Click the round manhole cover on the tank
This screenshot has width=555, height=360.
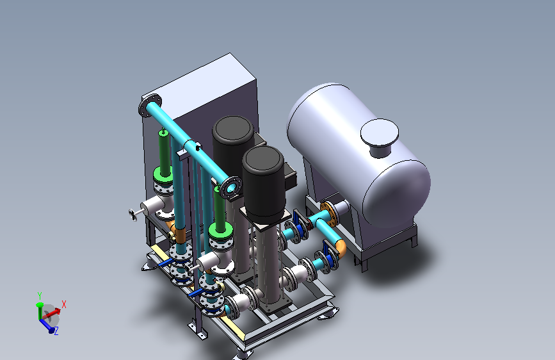pyautogui.click(x=380, y=132)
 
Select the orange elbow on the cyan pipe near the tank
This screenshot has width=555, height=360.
pyautogui.click(x=341, y=247)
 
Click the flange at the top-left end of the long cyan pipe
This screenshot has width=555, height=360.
pyautogui.click(x=150, y=105)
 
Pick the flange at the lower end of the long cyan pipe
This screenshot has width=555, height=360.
pyautogui.click(x=230, y=188)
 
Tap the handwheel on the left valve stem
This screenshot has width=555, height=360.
pyautogui.click(x=133, y=215)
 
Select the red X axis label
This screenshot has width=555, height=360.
pyautogui.click(x=64, y=304)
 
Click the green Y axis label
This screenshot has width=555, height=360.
pyautogui.click(x=40, y=295)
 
